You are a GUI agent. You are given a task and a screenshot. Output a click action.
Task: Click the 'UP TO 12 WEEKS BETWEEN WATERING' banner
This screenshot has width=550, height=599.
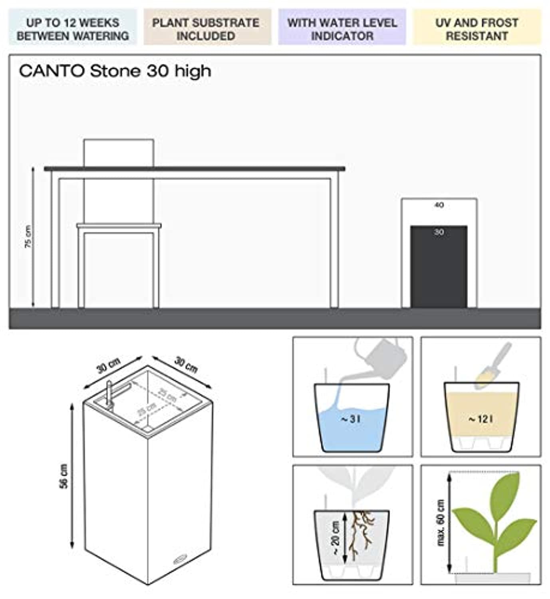tap(73, 29)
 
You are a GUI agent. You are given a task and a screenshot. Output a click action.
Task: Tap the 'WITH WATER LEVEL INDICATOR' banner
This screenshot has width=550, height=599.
tap(342, 29)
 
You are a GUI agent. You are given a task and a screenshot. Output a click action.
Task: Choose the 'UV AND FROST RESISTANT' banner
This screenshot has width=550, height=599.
tap(477, 29)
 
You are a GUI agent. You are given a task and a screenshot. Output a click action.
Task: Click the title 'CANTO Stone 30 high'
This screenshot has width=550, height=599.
tap(115, 71)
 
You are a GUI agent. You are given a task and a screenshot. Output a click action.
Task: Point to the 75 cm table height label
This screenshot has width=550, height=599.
tap(28, 237)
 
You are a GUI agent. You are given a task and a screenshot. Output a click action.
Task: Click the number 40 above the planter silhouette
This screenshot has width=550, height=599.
tap(439, 205)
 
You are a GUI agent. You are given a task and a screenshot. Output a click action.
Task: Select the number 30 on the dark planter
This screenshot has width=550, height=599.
tap(439, 232)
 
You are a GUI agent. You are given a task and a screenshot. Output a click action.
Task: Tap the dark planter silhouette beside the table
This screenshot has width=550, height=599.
tap(439, 272)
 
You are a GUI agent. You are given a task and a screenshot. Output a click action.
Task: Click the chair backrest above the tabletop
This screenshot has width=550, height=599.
tap(119, 153)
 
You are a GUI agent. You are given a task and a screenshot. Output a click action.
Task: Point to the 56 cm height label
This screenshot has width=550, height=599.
tap(64, 476)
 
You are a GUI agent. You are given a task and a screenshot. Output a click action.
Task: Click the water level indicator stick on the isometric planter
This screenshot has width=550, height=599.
tap(109, 395)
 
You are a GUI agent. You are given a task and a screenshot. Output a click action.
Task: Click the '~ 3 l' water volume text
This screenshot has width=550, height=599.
tap(351, 419)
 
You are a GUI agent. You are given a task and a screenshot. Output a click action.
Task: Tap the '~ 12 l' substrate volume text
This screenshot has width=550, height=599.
tap(480, 419)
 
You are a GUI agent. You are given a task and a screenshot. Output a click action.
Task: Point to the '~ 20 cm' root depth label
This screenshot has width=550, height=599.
tap(336, 538)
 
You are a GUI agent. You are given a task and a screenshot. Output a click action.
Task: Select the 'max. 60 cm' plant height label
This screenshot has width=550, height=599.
tap(441, 522)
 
